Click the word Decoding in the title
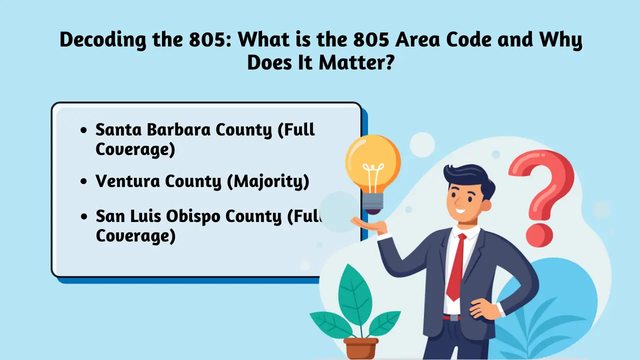click(103, 40)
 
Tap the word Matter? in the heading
click(357, 62)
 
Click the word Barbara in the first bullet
click(179, 129)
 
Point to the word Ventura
click(128, 181)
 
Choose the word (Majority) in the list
click(268, 182)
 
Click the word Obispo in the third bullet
click(193, 217)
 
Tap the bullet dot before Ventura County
click(83, 181)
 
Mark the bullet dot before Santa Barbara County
click(83, 130)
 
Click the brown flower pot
click(361, 348)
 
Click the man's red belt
click(451, 317)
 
